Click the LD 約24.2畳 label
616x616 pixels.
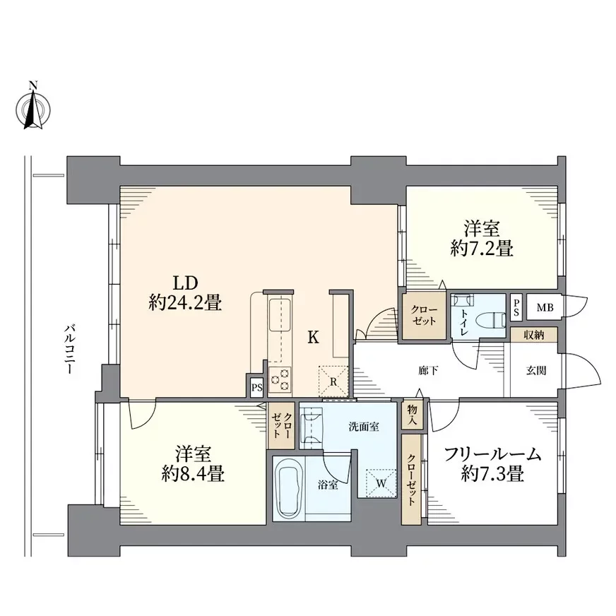click(185, 292)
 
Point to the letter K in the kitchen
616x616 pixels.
click(313, 337)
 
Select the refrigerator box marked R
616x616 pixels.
click(333, 381)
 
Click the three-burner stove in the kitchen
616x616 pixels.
click(280, 380)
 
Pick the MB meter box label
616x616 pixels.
click(545, 307)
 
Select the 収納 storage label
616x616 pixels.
click(534, 335)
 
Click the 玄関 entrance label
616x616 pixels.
click(536, 370)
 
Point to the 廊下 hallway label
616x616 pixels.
click(428, 370)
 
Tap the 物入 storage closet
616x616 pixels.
click(412, 415)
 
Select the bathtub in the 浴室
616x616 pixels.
click(289, 488)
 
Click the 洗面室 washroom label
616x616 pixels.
click(364, 426)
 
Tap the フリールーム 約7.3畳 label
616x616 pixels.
click(492, 464)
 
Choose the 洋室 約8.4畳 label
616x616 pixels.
click(193, 464)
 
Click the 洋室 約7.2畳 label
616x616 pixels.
click(482, 239)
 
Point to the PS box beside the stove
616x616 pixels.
click(257, 387)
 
